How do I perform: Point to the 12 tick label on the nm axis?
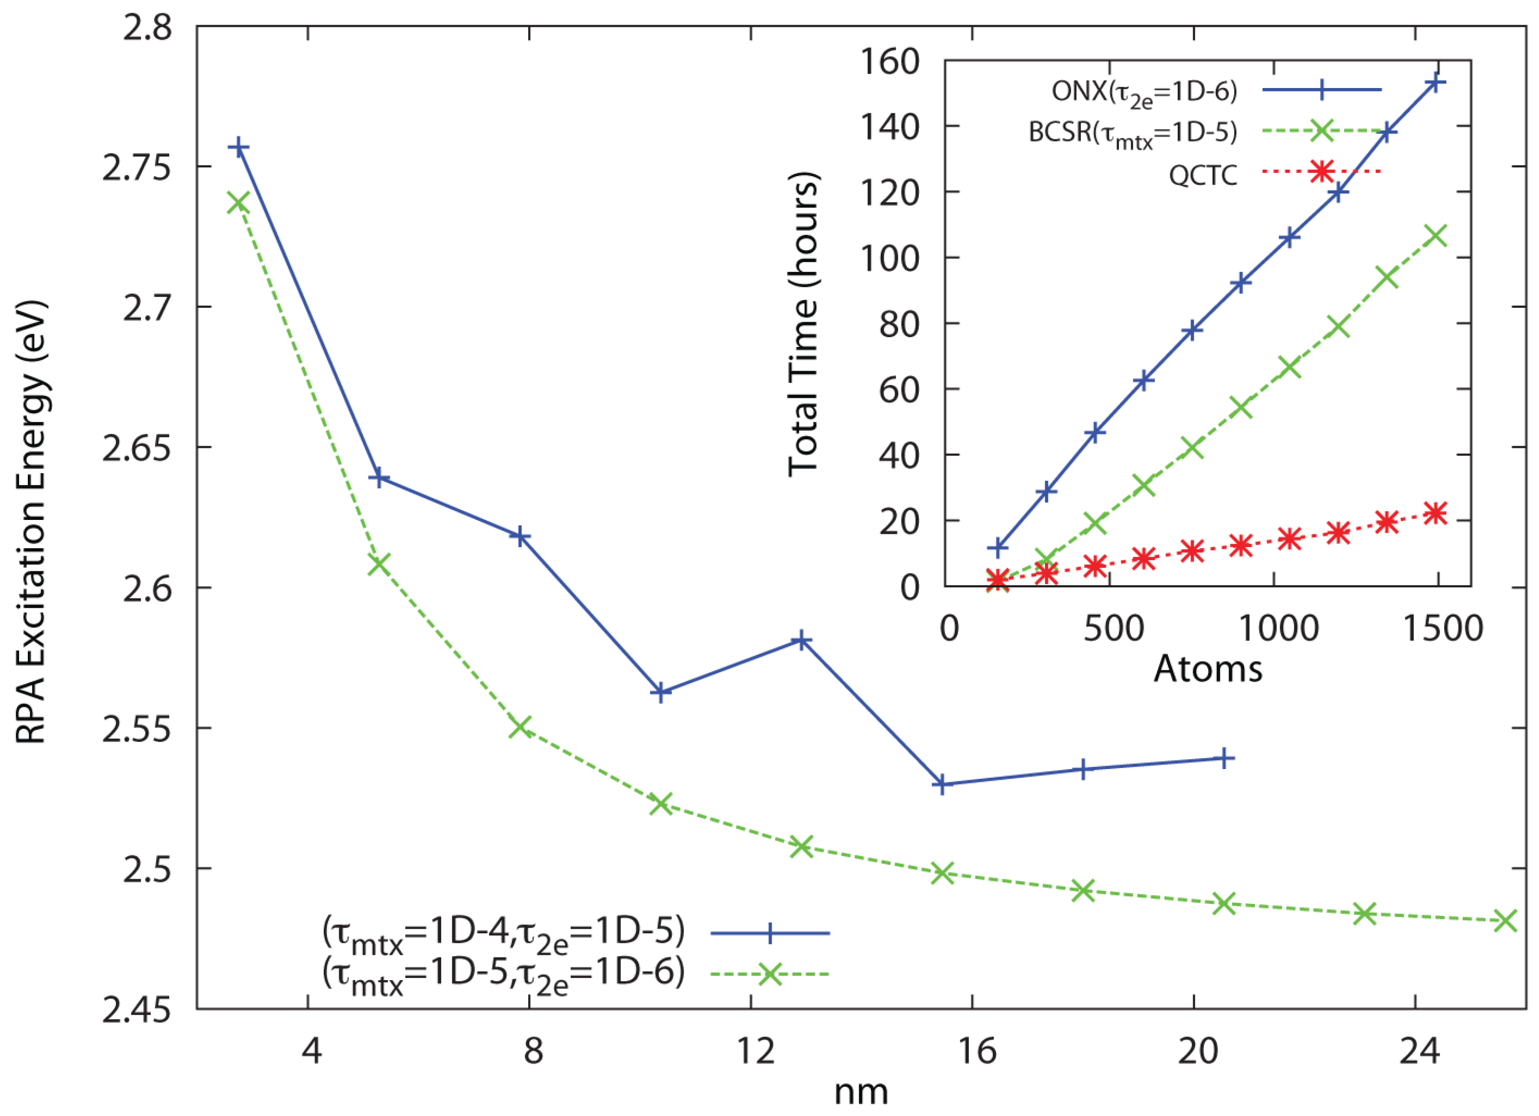click(x=755, y=1051)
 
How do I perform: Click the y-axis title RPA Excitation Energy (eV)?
click(x=30, y=522)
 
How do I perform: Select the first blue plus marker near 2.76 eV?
click(x=238, y=147)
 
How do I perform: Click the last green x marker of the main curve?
click(x=1505, y=921)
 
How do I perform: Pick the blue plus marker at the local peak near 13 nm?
click(x=801, y=640)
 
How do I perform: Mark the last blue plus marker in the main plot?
click(x=1223, y=759)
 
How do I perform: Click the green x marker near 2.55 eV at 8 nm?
click(x=520, y=727)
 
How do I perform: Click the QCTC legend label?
click(x=1202, y=175)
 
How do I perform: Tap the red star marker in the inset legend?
click(x=1321, y=171)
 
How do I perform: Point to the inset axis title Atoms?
click(x=1208, y=669)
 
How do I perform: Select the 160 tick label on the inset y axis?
click(x=889, y=62)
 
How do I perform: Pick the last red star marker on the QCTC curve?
click(x=1436, y=513)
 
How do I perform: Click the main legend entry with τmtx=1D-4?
click(x=503, y=933)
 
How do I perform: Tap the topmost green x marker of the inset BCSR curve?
click(x=1436, y=236)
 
